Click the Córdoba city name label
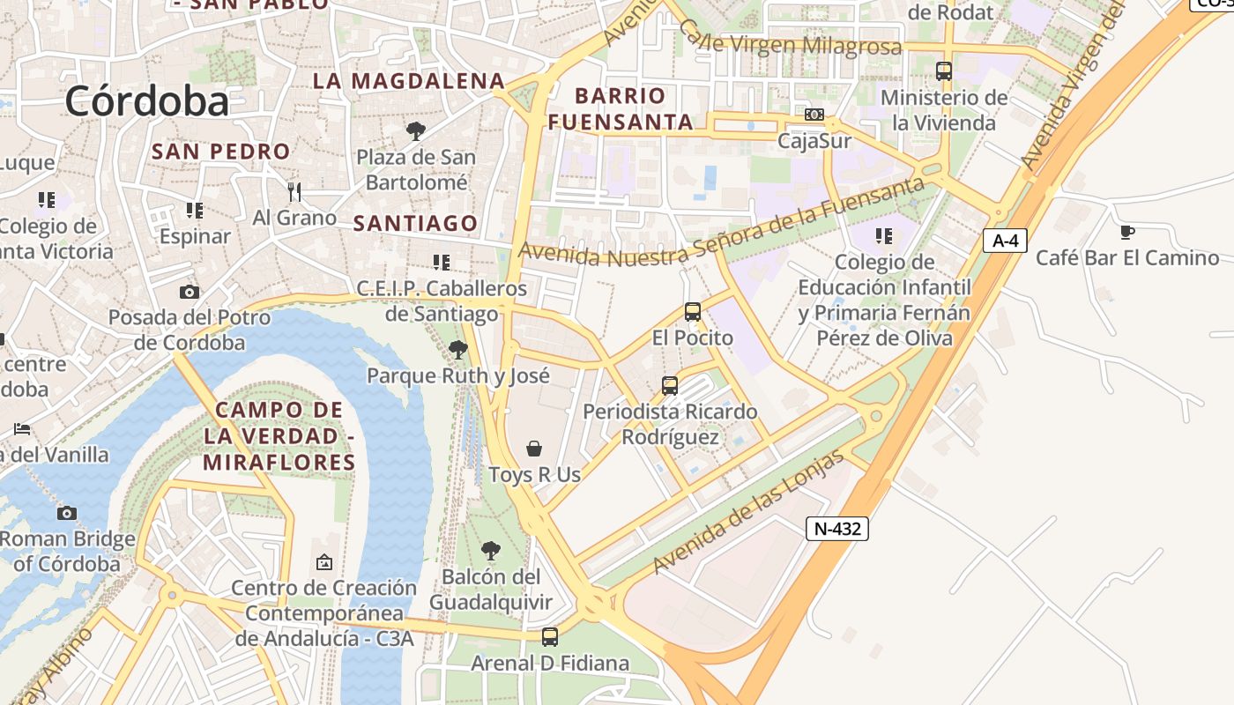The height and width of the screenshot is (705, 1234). pyautogui.click(x=146, y=101)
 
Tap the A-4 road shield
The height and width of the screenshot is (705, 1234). pyautogui.click(x=1005, y=241)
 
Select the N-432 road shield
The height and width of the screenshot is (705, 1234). pyautogui.click(x=836, y=529)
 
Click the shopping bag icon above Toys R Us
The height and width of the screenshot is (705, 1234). pyautogui.click(x=534, y=449)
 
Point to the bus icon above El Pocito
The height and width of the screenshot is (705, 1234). pyautogui.click(x=693, y=311)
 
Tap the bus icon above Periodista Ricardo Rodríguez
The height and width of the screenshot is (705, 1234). pyautogui.click(x=670, y=385)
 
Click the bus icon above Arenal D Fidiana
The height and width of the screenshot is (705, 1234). pyautogui.click(x=550, y=636)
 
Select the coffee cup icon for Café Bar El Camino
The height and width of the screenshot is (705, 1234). pyautogui.click(x=1126, y=232)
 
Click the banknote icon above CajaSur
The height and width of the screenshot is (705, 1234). pyautogui.click(x=814, y=115)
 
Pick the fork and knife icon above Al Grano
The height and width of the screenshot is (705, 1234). pyautogui.click(x=294, y=190)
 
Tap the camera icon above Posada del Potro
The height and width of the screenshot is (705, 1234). pyautogui.click(x=189, y=292)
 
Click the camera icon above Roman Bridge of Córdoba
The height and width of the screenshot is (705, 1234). pyautogui.click(x=67, y=513)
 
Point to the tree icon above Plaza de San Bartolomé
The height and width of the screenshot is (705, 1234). pyautogui.click(x=415, y=131)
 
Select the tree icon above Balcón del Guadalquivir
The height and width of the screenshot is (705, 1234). pyautogui.click(x=491, y=551)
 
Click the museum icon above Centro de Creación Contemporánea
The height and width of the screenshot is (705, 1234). pyautogui.click(x=324, y=561)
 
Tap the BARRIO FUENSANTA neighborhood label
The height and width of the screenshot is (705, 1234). pyautogui.click(x=621, y=108)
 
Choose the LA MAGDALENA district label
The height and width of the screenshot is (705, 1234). pyautogui.click(x=409, y=81)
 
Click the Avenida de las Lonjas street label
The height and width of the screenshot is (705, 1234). pyautogui.click(x=748, y=514)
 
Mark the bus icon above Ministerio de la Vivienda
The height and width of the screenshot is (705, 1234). pyautogui.click(x=944, y=71)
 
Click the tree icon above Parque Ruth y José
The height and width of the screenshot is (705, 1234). pyautogui.click(x=457, y=350)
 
